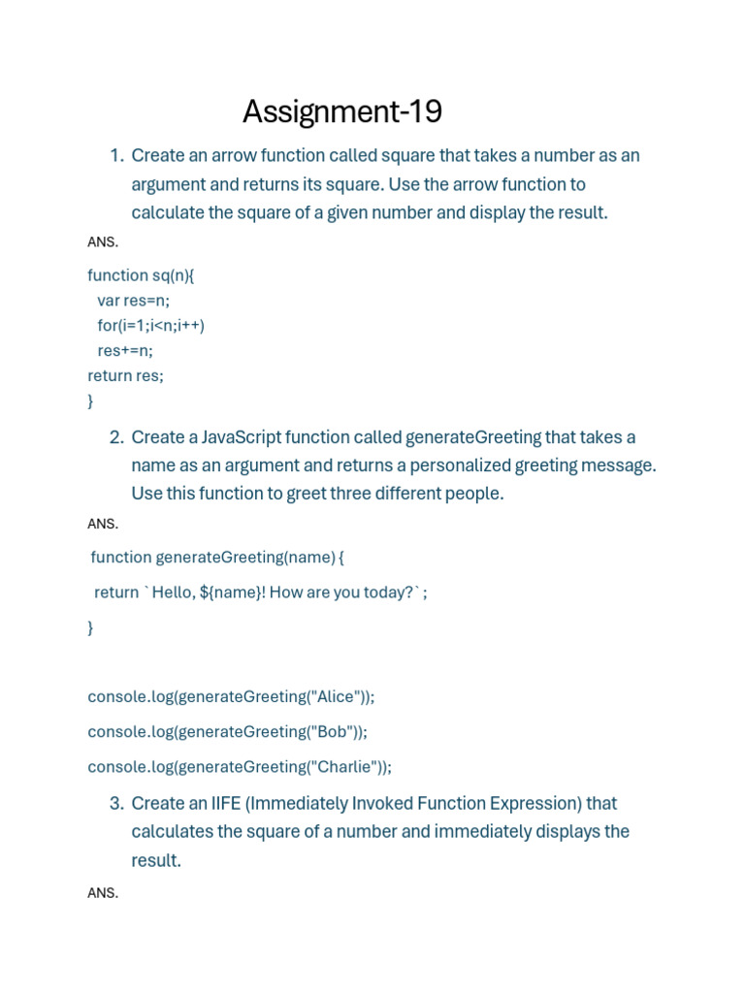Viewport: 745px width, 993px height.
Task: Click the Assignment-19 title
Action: (341, 112)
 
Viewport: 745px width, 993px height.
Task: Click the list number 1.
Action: (115, 156)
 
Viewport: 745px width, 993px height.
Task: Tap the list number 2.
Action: (115, 437)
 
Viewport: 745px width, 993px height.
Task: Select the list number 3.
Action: (115, 804)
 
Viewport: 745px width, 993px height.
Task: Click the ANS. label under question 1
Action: (103, 242)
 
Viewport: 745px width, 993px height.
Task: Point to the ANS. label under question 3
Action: (103, 893)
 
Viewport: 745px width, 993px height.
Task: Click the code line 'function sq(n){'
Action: (141, 275)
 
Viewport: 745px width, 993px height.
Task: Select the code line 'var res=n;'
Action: (133, 301)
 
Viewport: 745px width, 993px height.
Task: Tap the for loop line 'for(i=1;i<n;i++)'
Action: (150, 326)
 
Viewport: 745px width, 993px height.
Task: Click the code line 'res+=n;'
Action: (125, 351)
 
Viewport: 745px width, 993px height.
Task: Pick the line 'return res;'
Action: (125, 376)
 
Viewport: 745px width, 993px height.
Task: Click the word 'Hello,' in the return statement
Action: (174, 593)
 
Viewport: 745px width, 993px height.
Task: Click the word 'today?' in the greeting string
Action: (388, 593)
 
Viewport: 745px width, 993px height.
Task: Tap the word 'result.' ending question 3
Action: (156, 860)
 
